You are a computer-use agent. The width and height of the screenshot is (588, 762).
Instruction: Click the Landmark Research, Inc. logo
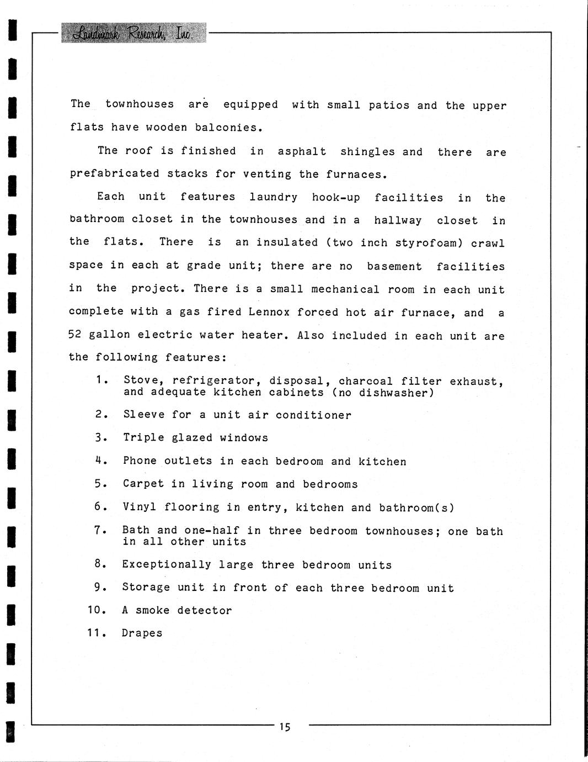(x=132, y=33)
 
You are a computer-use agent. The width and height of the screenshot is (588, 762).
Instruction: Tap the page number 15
(x=285, y=727)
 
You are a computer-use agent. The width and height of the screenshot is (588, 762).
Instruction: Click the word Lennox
(x=269, y=312)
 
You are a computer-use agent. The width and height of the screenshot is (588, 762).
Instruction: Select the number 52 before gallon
(x=75, y=335)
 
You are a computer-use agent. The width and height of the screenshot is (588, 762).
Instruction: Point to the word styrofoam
(x=431, y=243)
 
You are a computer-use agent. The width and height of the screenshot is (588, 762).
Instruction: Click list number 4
(x=99, y=461)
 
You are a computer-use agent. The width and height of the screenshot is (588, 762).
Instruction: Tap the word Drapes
(x=142, y=633)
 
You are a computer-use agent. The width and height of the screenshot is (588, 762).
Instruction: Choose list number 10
(x=96, y=610)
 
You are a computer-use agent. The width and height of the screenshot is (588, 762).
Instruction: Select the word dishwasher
(x=397, y=393)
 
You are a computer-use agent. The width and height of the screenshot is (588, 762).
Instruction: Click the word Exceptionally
(x=167, y=565)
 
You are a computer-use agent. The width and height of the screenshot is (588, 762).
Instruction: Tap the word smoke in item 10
(x=153, y=611)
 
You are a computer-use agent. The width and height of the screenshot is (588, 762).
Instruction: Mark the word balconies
(x=226, y=128)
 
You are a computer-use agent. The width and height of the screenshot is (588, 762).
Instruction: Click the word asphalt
(x=302, y=151)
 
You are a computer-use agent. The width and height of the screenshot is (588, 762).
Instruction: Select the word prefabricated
(x=115, y=174)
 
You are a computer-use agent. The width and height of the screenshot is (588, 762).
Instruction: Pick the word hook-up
(x=336, y=197)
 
